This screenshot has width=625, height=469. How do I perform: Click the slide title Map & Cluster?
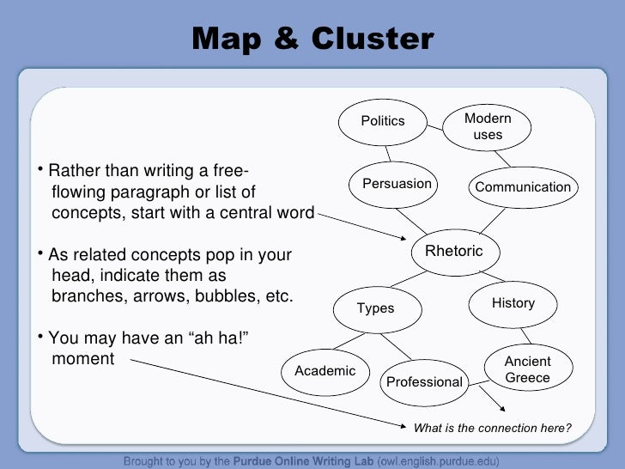point(312,39)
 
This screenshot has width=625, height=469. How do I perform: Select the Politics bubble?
point(382,121)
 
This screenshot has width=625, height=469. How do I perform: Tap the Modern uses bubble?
point(488,126)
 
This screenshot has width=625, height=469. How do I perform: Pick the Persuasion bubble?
point(397,184)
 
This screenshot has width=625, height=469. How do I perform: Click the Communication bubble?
point(523,187)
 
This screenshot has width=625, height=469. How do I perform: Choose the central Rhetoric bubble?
point(454,251)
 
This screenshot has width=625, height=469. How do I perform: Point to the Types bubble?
point(375,308)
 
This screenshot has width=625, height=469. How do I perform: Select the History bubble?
point(513,303)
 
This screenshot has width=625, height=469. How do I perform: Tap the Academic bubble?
point(325,371)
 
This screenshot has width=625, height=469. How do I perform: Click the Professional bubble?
point(424,381)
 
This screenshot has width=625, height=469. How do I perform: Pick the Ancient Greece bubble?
point(527,369)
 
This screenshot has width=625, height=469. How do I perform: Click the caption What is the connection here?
point(492,428)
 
